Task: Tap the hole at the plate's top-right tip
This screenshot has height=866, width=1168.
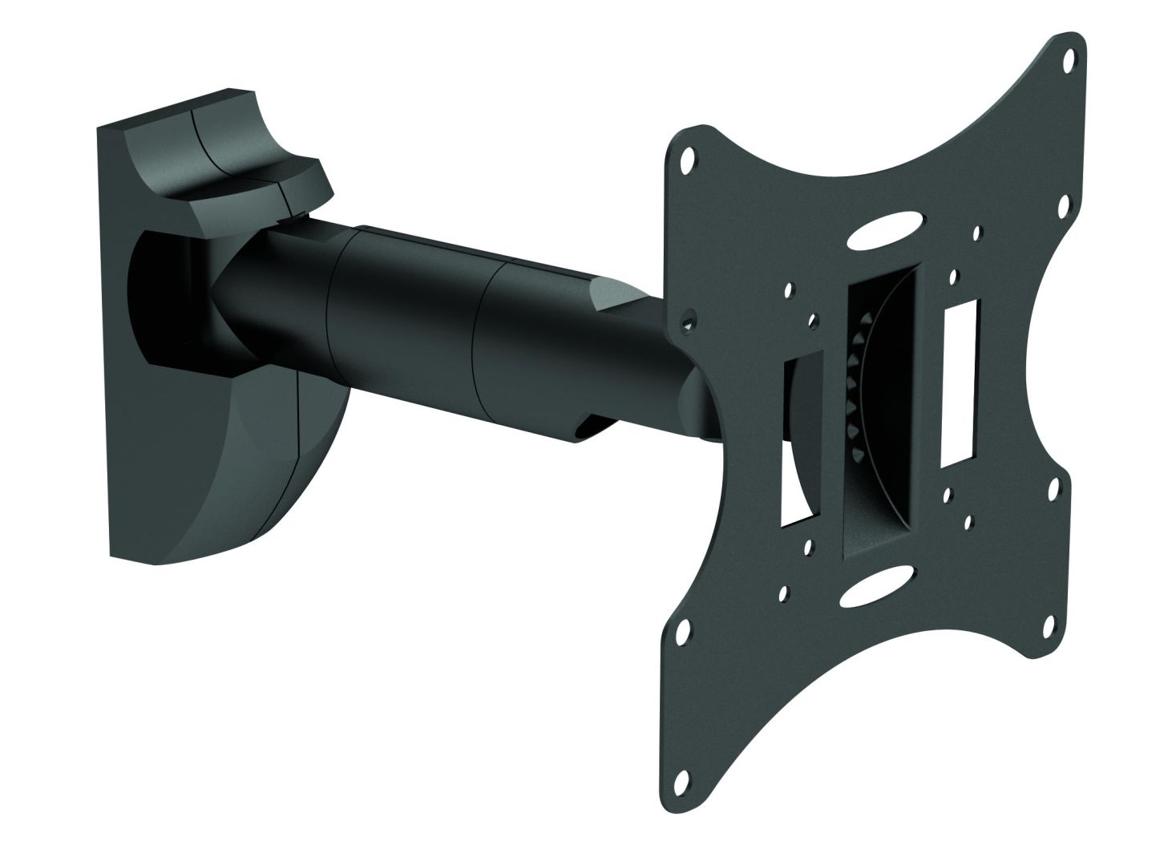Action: (x=1068, y=60)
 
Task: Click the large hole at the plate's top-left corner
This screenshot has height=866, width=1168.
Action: (x=687, y=160)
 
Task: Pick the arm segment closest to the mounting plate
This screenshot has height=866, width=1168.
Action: (x=545, y=353)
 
